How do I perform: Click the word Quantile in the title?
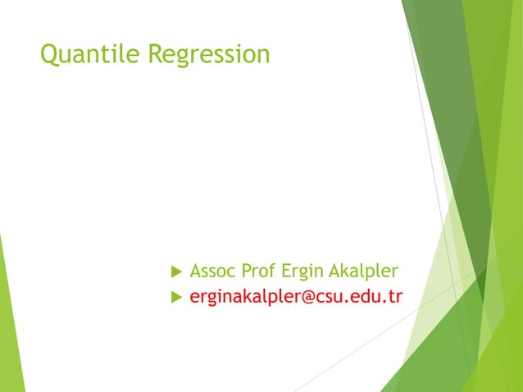pos(91,55)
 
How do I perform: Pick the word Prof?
pos(257,271)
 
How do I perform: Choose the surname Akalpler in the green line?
pos(363,271)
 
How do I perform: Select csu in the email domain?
pos(332,297)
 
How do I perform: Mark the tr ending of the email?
pos(393,297)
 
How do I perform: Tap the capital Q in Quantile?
pos(49,55)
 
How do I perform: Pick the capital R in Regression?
pos(157,54)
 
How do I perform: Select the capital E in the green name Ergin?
pos(286,271)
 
